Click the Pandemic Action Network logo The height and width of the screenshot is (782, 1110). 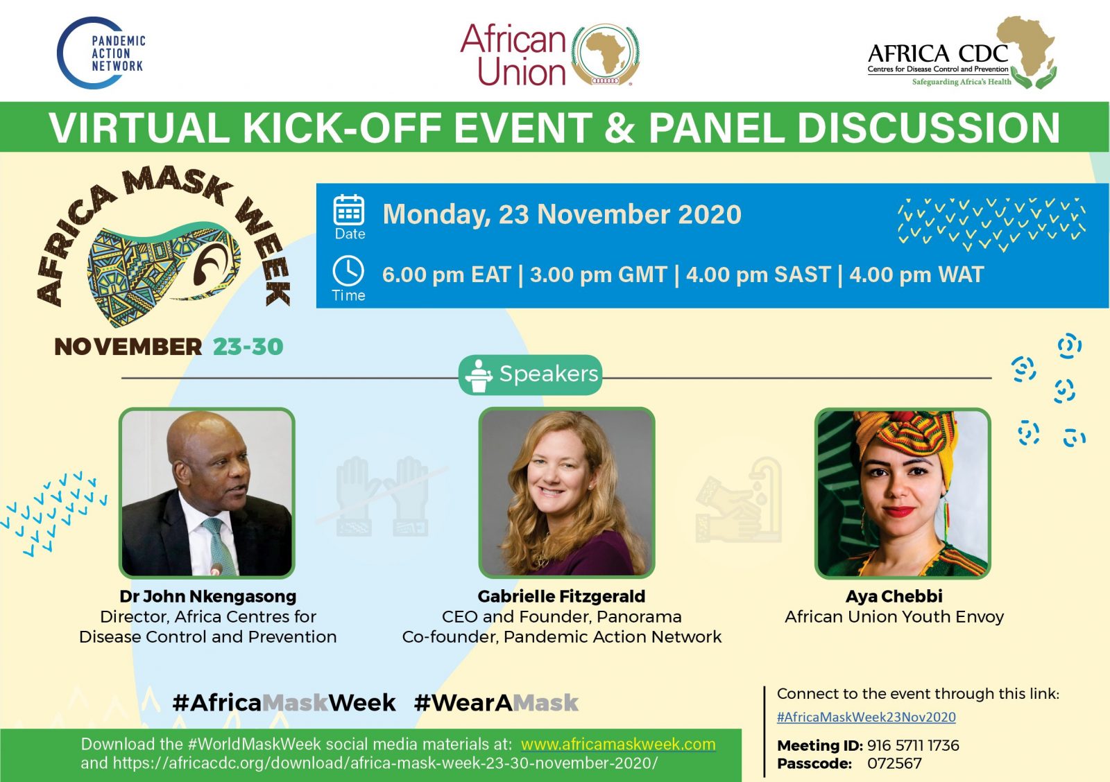pos(101,53)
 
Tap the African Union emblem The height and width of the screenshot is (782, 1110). pos(605,55)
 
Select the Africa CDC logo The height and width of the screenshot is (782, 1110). pos(962,53)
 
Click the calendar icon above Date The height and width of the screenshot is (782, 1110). pos(349,211)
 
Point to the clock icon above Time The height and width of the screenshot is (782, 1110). pos(348,271)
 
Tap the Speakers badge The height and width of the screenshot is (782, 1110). pos(530,375)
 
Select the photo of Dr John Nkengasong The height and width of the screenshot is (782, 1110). pos(207,493)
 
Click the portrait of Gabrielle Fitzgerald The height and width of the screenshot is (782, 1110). pos(566,493)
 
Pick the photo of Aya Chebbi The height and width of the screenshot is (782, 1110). pos(903,493)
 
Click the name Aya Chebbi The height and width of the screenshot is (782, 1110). pos(894,596)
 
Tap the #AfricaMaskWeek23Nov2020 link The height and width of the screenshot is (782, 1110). pos(866,717)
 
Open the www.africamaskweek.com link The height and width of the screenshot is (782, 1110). pos(618,745)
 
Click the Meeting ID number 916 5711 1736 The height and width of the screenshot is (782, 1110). pos(913,745)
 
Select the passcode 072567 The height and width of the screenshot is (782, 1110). pos(894,764)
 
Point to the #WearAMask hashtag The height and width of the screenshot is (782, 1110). pos(496,703)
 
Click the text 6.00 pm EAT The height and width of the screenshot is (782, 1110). pos(447,275)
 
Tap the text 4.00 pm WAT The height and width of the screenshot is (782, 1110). pos(916,275)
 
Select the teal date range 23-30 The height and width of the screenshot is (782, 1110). pos(248,347)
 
